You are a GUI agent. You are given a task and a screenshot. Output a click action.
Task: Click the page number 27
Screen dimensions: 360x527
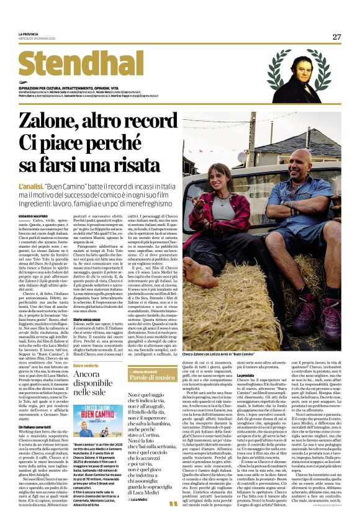(x=336, y=37)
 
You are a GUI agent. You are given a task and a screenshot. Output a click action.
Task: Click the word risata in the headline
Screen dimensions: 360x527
(x=130, y=166)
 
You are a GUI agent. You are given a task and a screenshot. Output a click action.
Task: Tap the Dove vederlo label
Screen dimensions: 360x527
(x=88, y=366)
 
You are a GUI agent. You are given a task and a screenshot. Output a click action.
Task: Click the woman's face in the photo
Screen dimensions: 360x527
(x=220, y=177)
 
